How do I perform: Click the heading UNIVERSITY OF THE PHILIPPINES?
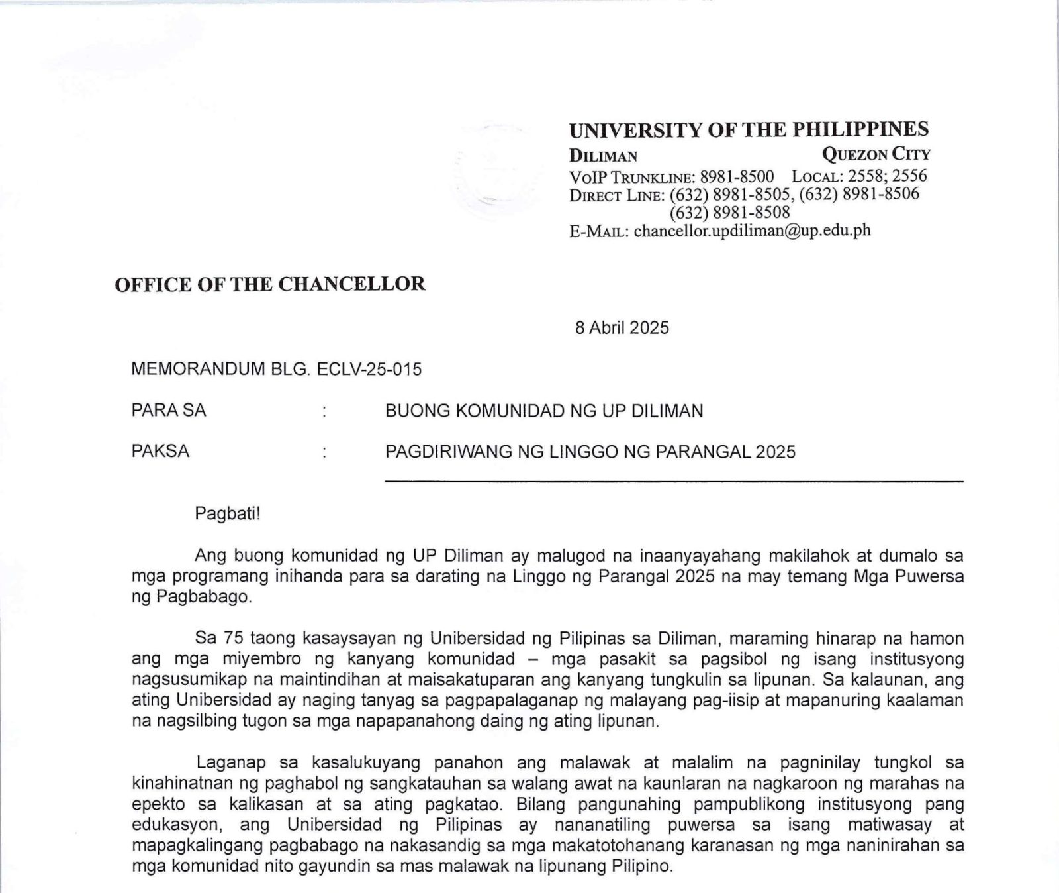coord(749,129)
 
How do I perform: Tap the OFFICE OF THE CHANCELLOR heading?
coord(270,284)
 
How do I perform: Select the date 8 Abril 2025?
coord(622,328)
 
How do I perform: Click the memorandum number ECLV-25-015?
coord(369,369)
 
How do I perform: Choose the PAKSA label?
coord(160,451)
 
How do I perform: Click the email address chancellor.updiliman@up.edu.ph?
coord(752,231)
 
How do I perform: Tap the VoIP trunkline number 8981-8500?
coord(737,177)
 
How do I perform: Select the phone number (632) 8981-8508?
coord(729,213)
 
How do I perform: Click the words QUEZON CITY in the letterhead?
coord(876,154)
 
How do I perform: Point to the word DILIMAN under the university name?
coord(603,156)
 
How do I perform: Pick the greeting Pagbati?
coord(228,514)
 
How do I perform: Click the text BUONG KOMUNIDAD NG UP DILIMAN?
coord(544,411)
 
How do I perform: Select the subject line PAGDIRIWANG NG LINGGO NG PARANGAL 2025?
coord(590,452)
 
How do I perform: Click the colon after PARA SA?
coord(324,412)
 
